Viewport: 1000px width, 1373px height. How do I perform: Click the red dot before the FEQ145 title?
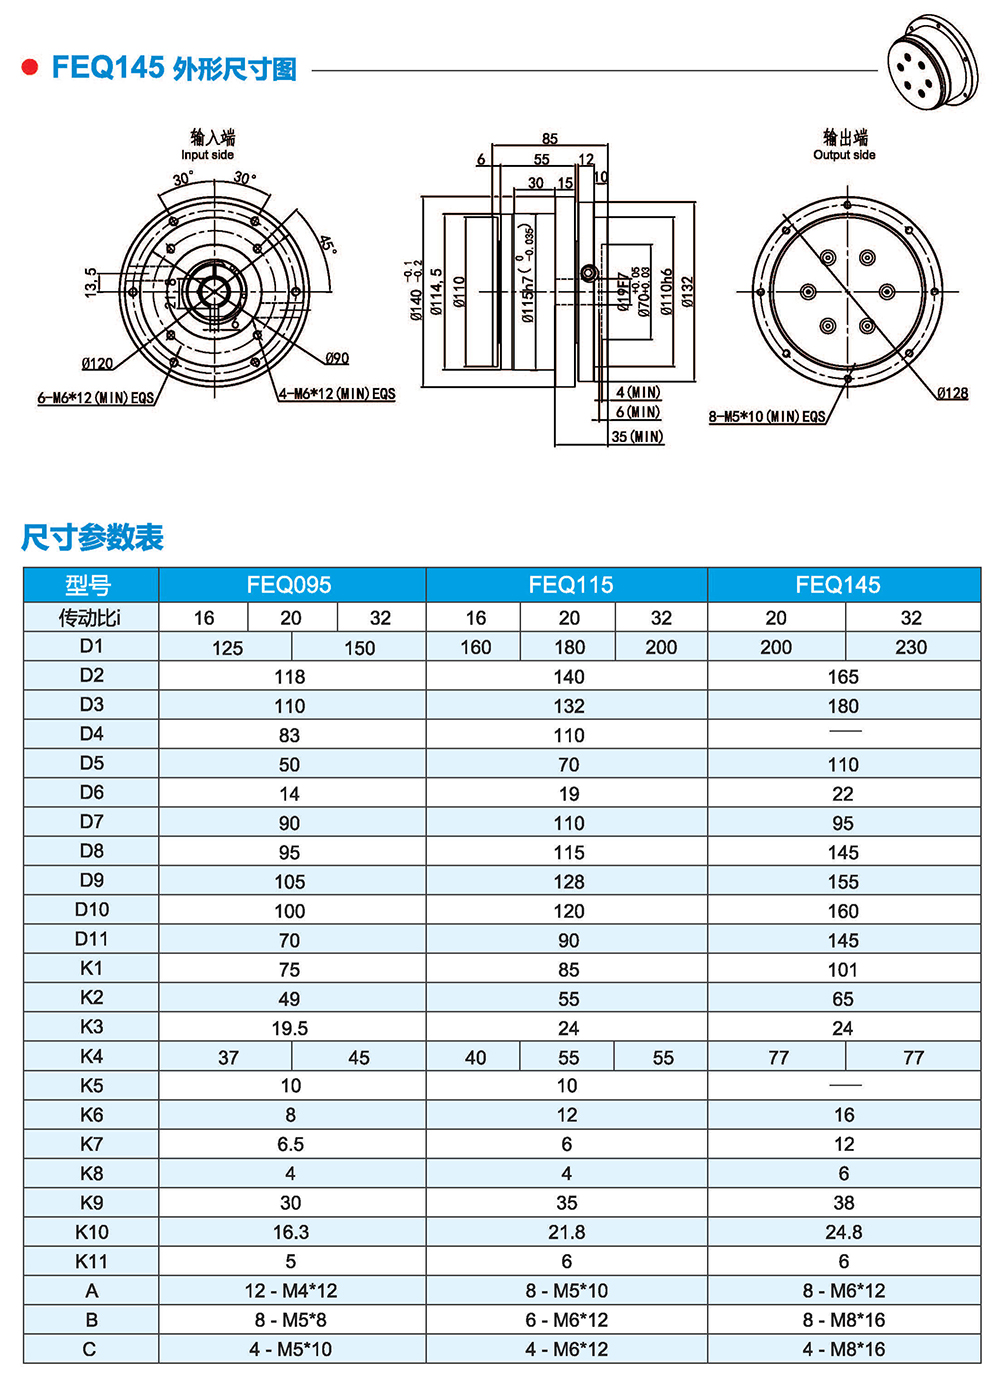point(30,68)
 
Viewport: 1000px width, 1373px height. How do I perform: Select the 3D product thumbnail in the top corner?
point(932,63)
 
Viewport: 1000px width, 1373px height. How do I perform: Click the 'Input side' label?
point(208,155)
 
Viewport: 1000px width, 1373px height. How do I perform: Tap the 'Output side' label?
point(844,155)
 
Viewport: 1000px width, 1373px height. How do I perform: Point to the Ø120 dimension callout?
point(97,364)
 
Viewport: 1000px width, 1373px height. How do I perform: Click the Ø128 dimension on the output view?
point(952,393)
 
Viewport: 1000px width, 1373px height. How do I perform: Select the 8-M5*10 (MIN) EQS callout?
point(767,417)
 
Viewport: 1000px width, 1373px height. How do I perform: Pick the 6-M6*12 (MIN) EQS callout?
point(96,398)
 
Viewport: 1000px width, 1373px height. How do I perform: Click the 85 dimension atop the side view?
point(550,139)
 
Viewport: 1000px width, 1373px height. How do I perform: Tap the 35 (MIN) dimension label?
point(637,437)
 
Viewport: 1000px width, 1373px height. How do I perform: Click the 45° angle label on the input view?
point(327,245)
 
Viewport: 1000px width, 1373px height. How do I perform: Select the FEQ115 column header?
point(570,585)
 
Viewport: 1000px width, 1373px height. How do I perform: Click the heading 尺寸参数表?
point(92,538)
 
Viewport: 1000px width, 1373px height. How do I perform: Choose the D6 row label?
point(91,793)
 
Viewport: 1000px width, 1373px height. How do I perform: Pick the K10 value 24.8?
point(843,1232)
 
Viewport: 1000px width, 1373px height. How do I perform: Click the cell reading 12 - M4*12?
point(291,1291)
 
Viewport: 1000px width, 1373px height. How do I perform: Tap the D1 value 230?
point(910,647)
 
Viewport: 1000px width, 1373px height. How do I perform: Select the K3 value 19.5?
point(290,1028)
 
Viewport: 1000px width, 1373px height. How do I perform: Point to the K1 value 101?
point(843,970)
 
